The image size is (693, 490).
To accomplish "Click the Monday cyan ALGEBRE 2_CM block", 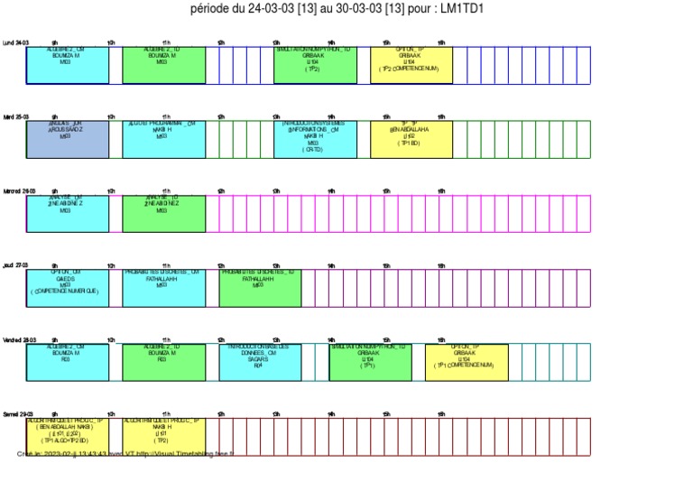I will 67,65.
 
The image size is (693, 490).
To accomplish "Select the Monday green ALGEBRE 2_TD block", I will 163,65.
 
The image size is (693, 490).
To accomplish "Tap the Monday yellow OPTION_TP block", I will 411,65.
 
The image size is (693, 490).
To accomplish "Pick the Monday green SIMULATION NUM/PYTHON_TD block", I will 315,65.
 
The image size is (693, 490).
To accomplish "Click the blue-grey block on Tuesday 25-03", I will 67,139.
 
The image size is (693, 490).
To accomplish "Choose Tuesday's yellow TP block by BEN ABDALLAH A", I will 411,139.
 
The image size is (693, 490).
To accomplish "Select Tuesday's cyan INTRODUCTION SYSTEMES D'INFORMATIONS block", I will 315,139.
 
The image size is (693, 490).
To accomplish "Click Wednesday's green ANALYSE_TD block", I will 163,214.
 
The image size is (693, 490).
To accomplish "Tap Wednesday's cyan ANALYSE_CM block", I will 67,214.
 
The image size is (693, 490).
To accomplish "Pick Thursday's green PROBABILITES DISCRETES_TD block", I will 260,288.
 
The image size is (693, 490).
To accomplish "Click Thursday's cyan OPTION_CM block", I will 67,288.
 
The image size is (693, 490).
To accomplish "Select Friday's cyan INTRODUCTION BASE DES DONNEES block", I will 260,362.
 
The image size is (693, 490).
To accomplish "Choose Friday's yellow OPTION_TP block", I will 467,362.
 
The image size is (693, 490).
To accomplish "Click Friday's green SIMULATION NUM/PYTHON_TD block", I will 370,362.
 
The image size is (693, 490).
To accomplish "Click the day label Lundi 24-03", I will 15,42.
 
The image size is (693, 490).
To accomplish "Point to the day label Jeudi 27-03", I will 15,265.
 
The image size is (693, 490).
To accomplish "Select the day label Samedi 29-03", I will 18,414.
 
